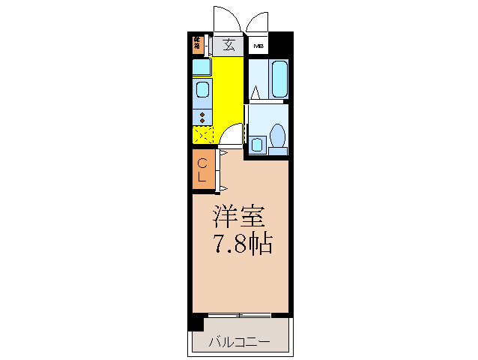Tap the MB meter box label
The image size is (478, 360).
tap(258, 46)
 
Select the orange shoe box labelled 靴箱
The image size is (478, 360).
tap(197, 44)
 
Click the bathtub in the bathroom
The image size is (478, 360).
tap(279, 79)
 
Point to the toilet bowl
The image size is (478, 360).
tap(277, 137)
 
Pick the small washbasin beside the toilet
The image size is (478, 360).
tap(257, 143)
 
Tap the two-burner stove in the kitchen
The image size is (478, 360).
tap(202, 116)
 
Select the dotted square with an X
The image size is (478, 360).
tap(202, 136)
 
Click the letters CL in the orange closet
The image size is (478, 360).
tap(202, 169)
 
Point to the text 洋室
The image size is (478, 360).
tap(240, 217)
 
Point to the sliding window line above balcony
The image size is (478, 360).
tap(240, 313)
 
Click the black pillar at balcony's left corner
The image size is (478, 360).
tap(196, 324)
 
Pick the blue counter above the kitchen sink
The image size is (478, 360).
tap(202, 67)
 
